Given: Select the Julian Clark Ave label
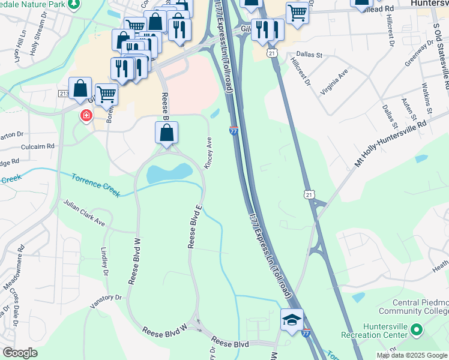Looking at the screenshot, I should (85, 214).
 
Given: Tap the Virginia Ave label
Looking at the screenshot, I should (335, 82).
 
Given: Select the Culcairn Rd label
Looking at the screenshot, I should (37, 146).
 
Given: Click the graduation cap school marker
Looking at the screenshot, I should (292, 319).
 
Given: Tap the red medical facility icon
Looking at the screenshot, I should (86, 115).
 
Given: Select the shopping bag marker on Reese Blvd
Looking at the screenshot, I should (167, 133).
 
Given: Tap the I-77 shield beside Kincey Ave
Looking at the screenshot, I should (234, 131).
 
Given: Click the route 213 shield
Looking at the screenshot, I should (64, 94).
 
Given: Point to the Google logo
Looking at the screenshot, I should (20, 353).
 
